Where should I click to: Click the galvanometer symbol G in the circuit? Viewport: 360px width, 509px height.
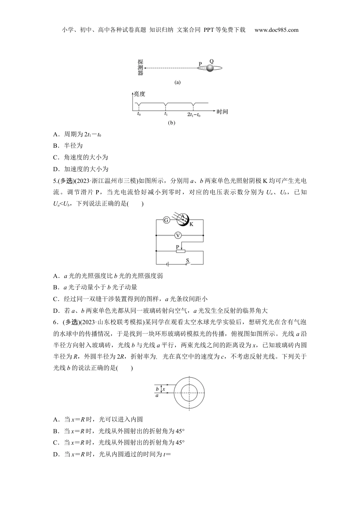coord(166,220)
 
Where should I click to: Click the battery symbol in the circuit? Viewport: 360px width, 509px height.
coord(167,264)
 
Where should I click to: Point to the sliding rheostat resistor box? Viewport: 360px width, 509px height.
coord(180,251)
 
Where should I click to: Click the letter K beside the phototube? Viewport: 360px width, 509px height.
coord(191,224)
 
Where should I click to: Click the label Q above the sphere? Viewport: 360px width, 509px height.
coord(211,61)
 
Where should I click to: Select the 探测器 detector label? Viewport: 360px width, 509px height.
coord(140,67)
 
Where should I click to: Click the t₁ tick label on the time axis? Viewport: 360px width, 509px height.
coord(166,114)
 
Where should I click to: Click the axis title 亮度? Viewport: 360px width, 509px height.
coord(139,94)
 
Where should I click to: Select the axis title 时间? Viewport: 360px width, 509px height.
coord(222,112)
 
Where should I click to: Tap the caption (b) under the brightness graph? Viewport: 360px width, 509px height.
coord(171,123)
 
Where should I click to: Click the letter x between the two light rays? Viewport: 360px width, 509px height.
coord(164,389)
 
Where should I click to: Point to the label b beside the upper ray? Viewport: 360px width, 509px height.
coord(157,389)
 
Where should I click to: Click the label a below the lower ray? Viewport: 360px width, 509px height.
coord(157,395)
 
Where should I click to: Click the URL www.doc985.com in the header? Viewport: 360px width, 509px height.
coord(276,30)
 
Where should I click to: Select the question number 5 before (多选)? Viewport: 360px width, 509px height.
coord(55,181)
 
